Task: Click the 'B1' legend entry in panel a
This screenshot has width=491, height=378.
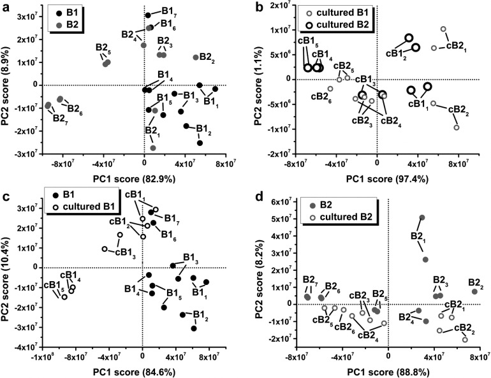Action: pos(71,13)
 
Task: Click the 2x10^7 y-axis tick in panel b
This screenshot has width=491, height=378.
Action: pos(281,6)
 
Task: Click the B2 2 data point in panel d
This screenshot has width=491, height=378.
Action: pos(474,291)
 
